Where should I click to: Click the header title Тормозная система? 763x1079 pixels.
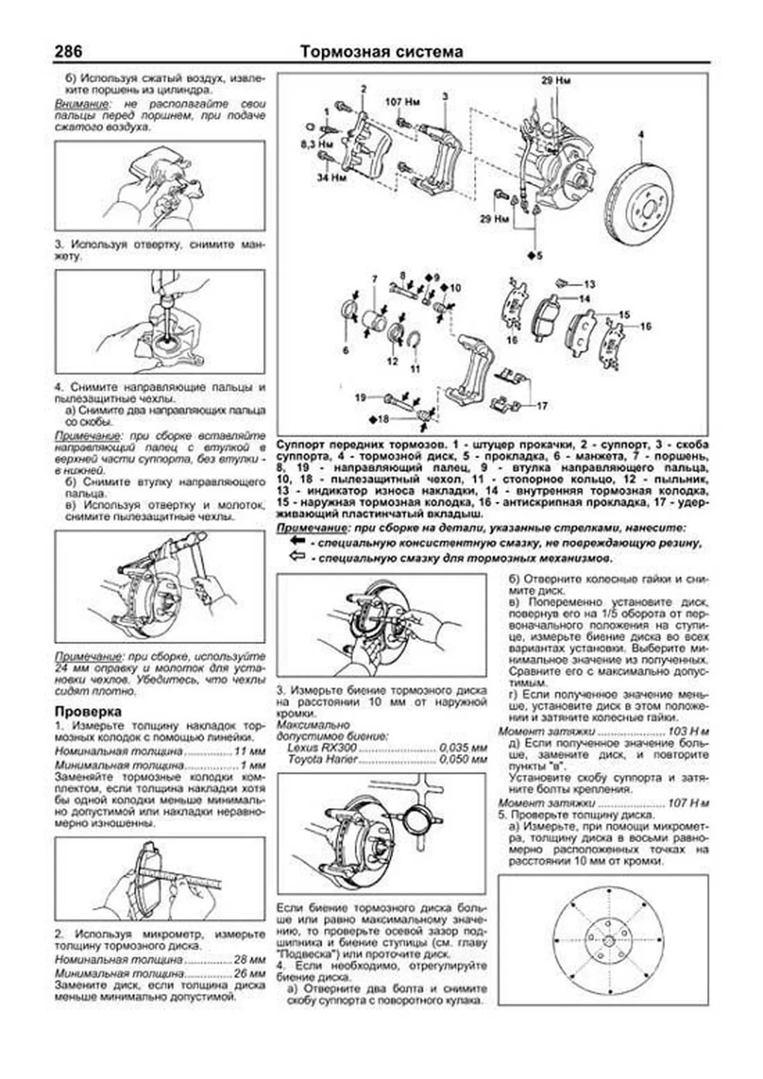tap(381, 52)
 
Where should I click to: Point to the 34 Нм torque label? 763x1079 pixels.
tap(333, 179)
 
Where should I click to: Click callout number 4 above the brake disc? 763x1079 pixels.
tap(641, 135)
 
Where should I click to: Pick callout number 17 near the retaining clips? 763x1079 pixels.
tap(542, 405)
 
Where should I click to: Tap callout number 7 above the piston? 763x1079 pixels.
tap(375, 279)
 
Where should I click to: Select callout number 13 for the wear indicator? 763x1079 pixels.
tap(589, 284)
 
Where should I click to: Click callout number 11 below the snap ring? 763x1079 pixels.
tap(415, 368)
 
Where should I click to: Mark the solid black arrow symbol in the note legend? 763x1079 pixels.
tap(297, 541)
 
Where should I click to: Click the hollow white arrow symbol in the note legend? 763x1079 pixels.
tap(297, 557)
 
